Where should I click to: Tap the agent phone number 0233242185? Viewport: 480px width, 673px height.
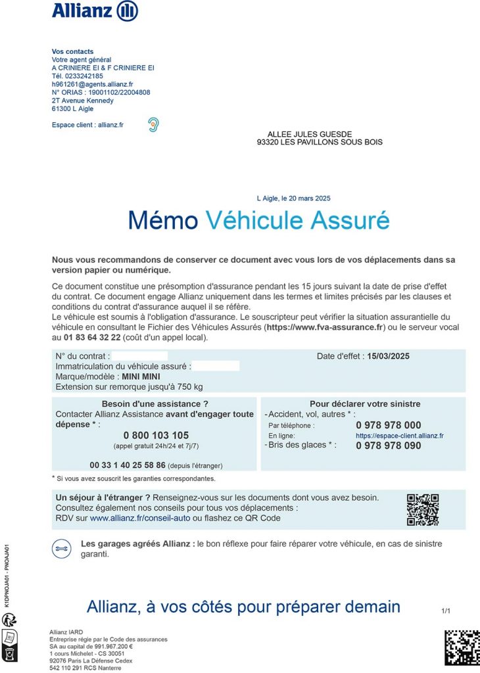(84, 76)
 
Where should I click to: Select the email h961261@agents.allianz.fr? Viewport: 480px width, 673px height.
(93, 84)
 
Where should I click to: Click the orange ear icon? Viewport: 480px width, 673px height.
(153, 124)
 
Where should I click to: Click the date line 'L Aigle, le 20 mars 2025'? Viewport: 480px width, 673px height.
(293, 198)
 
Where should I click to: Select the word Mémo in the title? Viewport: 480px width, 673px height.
(163, 221)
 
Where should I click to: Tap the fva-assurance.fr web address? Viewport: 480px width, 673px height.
(328, 327)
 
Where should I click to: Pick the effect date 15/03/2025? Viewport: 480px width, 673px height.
(389, 356)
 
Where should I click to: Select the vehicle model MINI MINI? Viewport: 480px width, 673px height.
(141, 377)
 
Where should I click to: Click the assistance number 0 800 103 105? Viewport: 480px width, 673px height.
(156, 435)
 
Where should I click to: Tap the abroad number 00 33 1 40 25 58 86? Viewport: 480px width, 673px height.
(128, 465)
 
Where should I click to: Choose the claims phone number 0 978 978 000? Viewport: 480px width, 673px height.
(389, 425)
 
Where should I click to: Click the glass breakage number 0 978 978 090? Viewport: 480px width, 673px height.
(389, 446)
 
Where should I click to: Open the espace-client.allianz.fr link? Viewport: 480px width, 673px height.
(400, 436)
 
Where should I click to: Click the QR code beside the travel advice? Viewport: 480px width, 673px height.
(422, 509)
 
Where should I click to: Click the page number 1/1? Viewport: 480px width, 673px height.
(446, 611)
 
